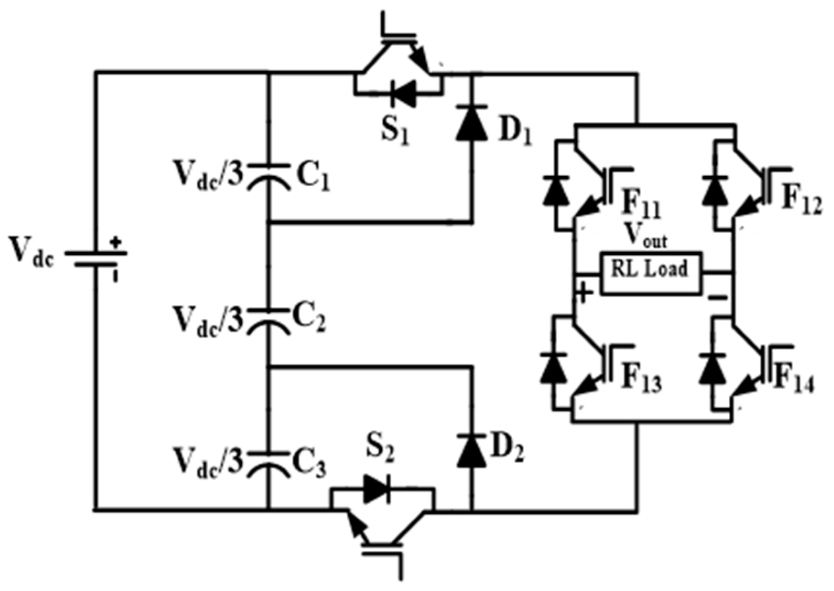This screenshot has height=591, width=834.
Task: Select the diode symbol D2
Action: [x=471, y=451]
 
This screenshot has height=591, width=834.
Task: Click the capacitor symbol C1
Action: [x=269, y=176]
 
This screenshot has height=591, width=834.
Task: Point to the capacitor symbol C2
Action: [x=269, y=320]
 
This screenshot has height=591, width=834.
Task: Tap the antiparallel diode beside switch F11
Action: [x=556, y=190]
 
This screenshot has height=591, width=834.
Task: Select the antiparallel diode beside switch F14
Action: [x=713, y=369]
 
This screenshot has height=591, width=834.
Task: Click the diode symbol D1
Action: [x=471, y=121]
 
